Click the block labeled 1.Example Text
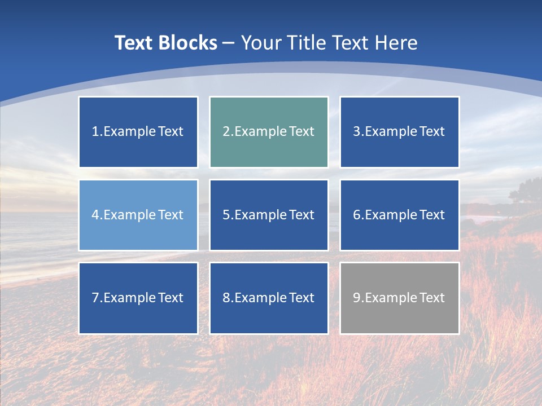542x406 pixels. [138, 132]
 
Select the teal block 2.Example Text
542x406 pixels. [269, 132]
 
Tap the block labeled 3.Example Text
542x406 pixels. [399, 132]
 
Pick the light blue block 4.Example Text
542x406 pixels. [138, 215]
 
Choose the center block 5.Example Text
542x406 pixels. [269, 215]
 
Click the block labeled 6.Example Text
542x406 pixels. [399, 215]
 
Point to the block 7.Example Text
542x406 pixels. [138, 298]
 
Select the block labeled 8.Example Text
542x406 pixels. [269, 298]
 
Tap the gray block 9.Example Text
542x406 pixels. [399, 298]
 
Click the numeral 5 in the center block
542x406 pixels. [226, 215]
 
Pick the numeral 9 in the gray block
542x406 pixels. [357, 298]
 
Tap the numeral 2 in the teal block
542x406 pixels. [226, 132]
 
